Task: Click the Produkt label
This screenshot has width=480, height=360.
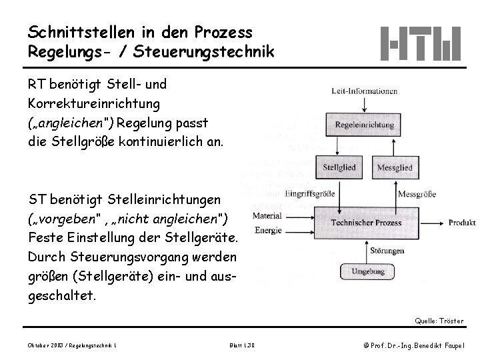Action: (461, 222)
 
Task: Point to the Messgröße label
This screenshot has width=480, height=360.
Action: (416, 195)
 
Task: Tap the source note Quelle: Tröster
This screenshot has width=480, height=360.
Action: (439, 321)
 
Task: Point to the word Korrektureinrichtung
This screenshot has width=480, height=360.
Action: (93, 103)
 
